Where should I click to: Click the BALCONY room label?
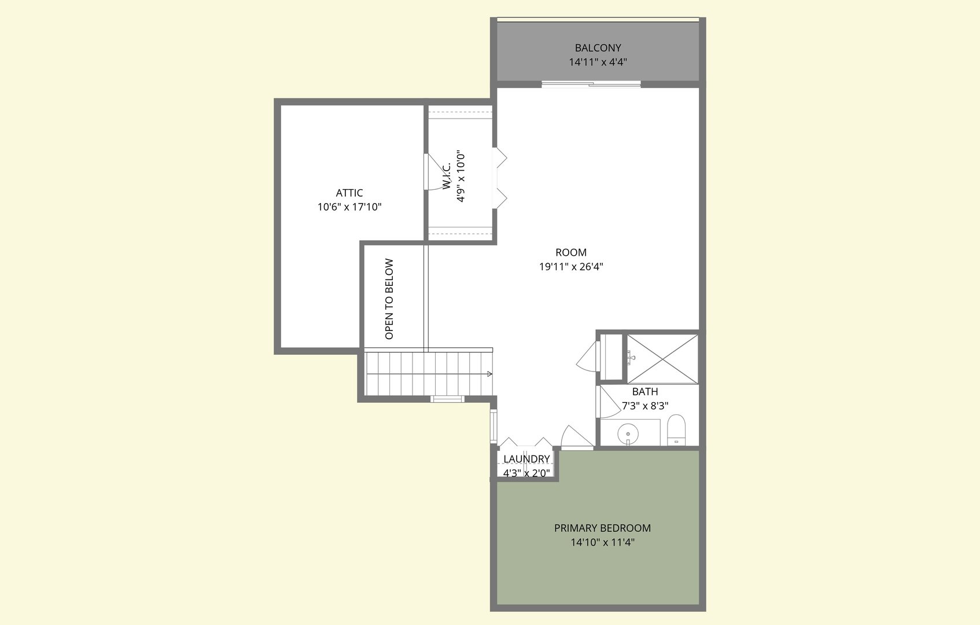(598, 48)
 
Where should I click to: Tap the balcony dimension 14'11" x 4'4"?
(598, 62)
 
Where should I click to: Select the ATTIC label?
(349, 193)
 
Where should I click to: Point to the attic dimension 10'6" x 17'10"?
(349, 207)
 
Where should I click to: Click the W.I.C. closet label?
(447, 177)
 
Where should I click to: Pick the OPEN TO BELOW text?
(389, 299)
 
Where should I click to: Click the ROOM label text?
(570, 252)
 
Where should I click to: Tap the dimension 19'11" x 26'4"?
(570, 267)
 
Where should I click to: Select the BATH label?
(644, 392)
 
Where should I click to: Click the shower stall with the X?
(662, 358)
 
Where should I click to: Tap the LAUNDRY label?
(526, 459)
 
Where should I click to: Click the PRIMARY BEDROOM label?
(602, 528)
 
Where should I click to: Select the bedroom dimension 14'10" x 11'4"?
(602, 542)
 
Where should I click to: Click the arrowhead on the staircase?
(490, 374)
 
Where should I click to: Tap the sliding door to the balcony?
(591, 84)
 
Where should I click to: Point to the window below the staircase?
(447, 399)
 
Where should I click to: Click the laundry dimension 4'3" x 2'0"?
(526, 473)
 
